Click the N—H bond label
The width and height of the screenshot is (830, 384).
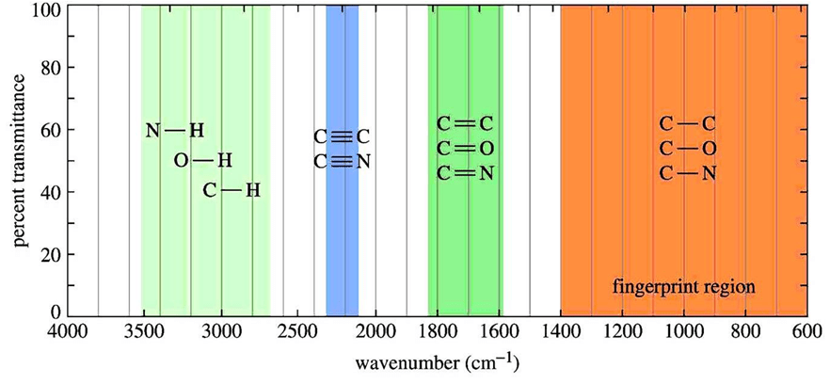coord(174,130)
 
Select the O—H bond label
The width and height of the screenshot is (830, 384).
coord(202,161)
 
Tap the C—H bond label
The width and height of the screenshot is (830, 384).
coord(231,191)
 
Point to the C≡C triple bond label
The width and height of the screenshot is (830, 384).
coord(342,137)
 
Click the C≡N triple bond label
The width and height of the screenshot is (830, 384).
coord(342,162)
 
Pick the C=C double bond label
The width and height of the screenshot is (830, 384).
coord(465,124)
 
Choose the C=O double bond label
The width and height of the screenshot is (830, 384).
coord(465,149)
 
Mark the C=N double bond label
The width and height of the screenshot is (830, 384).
coord(465,173)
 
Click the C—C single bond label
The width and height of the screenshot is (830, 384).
coord(688,124)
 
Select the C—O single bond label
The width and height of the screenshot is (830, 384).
coord(688,149)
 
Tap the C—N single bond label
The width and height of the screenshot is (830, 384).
coord(688,173)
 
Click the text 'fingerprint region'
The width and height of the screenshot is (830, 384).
coord(684,285)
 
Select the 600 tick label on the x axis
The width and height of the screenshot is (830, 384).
coord(806,331)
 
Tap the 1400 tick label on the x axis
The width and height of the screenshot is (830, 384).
coord(560,331)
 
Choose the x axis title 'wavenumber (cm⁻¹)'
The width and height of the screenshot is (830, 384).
coord(438,362)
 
